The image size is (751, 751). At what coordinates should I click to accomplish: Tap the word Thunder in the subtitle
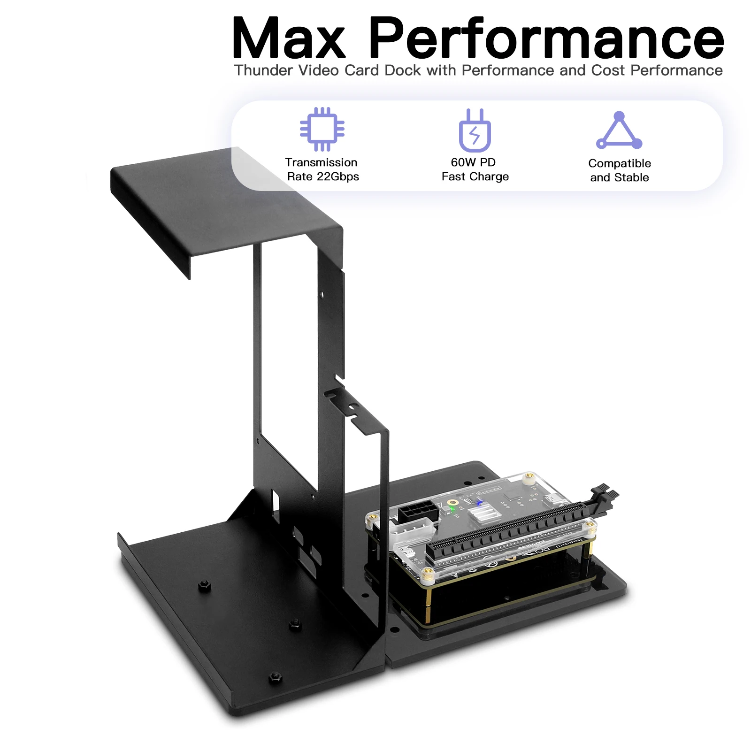[x=263, y=70]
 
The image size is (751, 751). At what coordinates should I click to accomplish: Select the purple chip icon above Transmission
[x=322, y=129]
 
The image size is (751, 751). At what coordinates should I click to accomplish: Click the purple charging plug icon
[x=475, y=131]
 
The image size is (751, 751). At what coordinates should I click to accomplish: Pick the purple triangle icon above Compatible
[x=619, y=131]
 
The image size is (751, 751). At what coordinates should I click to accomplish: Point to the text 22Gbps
[x=337, y=177]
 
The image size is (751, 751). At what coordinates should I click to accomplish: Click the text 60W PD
[x=473, y=162]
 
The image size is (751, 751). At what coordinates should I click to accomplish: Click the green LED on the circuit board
[x=452, y=508]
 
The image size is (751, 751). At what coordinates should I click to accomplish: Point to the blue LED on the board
[x=479, y=503]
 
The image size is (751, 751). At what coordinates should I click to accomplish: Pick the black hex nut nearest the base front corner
[x=275, y=677]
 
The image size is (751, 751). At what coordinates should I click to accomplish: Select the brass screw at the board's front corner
[x=427, y=572]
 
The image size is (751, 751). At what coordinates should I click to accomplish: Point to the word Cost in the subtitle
[x=608, y=70]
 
